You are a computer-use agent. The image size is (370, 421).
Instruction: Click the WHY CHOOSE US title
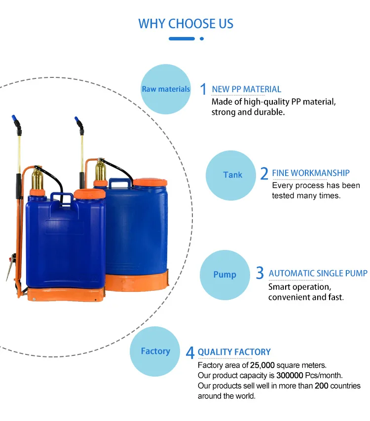tap(185, 24)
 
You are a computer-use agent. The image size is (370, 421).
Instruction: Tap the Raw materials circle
tap(166, 89)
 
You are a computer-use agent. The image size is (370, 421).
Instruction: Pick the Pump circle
tap(224, 275)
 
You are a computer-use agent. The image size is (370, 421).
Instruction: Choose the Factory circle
tap(155, 351)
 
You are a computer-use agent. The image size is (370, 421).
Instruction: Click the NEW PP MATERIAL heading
tap(246, 89)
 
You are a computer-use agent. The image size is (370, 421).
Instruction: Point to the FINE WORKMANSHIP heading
tap(311, 173)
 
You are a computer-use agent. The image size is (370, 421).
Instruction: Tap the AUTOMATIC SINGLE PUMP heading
tap(318, 273)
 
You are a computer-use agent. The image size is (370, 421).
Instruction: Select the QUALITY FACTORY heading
tap(234, 352)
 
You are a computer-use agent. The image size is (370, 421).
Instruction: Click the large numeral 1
tap(203, 89)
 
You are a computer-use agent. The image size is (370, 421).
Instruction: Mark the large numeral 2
tap(264, 174)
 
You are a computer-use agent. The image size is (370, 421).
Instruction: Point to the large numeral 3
tap(260, 273)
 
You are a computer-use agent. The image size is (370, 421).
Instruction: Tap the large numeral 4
tap(190, 352)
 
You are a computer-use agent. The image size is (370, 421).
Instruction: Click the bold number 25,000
tap(262, 365)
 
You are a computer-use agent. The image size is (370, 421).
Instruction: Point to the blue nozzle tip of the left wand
tap(16, 120)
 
